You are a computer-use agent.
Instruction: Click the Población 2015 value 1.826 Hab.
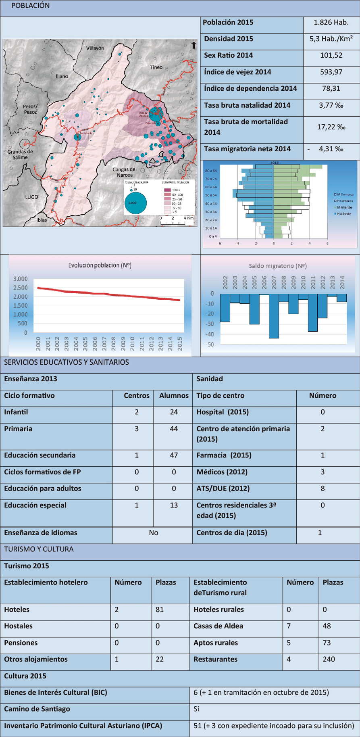(x=331, y=23)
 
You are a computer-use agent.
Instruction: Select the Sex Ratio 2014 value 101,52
(x=331, y=55)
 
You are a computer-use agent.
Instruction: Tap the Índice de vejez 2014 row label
(x=237, y=72)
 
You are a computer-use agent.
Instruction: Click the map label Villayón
(x=95, y=48)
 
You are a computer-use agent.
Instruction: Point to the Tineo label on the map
(x=156, y=67)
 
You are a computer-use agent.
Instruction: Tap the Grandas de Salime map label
(x=20, y=154)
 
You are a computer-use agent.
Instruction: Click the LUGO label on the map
(x=32, y=197)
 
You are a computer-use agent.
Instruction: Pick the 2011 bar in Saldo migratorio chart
(x=313, y=313)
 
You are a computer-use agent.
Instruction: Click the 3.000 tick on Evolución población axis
(x=20, y=279)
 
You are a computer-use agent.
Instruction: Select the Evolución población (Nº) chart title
(x=100, y=265)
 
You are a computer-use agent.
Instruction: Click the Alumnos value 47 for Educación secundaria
(x=174, y=455)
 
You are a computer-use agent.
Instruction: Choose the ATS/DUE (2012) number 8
(x=323, y=489)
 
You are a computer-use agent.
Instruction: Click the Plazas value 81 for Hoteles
(x=160, y=610)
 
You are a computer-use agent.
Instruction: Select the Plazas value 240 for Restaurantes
(x=329, y=659)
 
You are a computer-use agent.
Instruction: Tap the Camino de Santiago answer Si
(x=196, y=709)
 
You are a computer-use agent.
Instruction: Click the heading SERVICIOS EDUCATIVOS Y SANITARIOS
(x=67, y=362)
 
